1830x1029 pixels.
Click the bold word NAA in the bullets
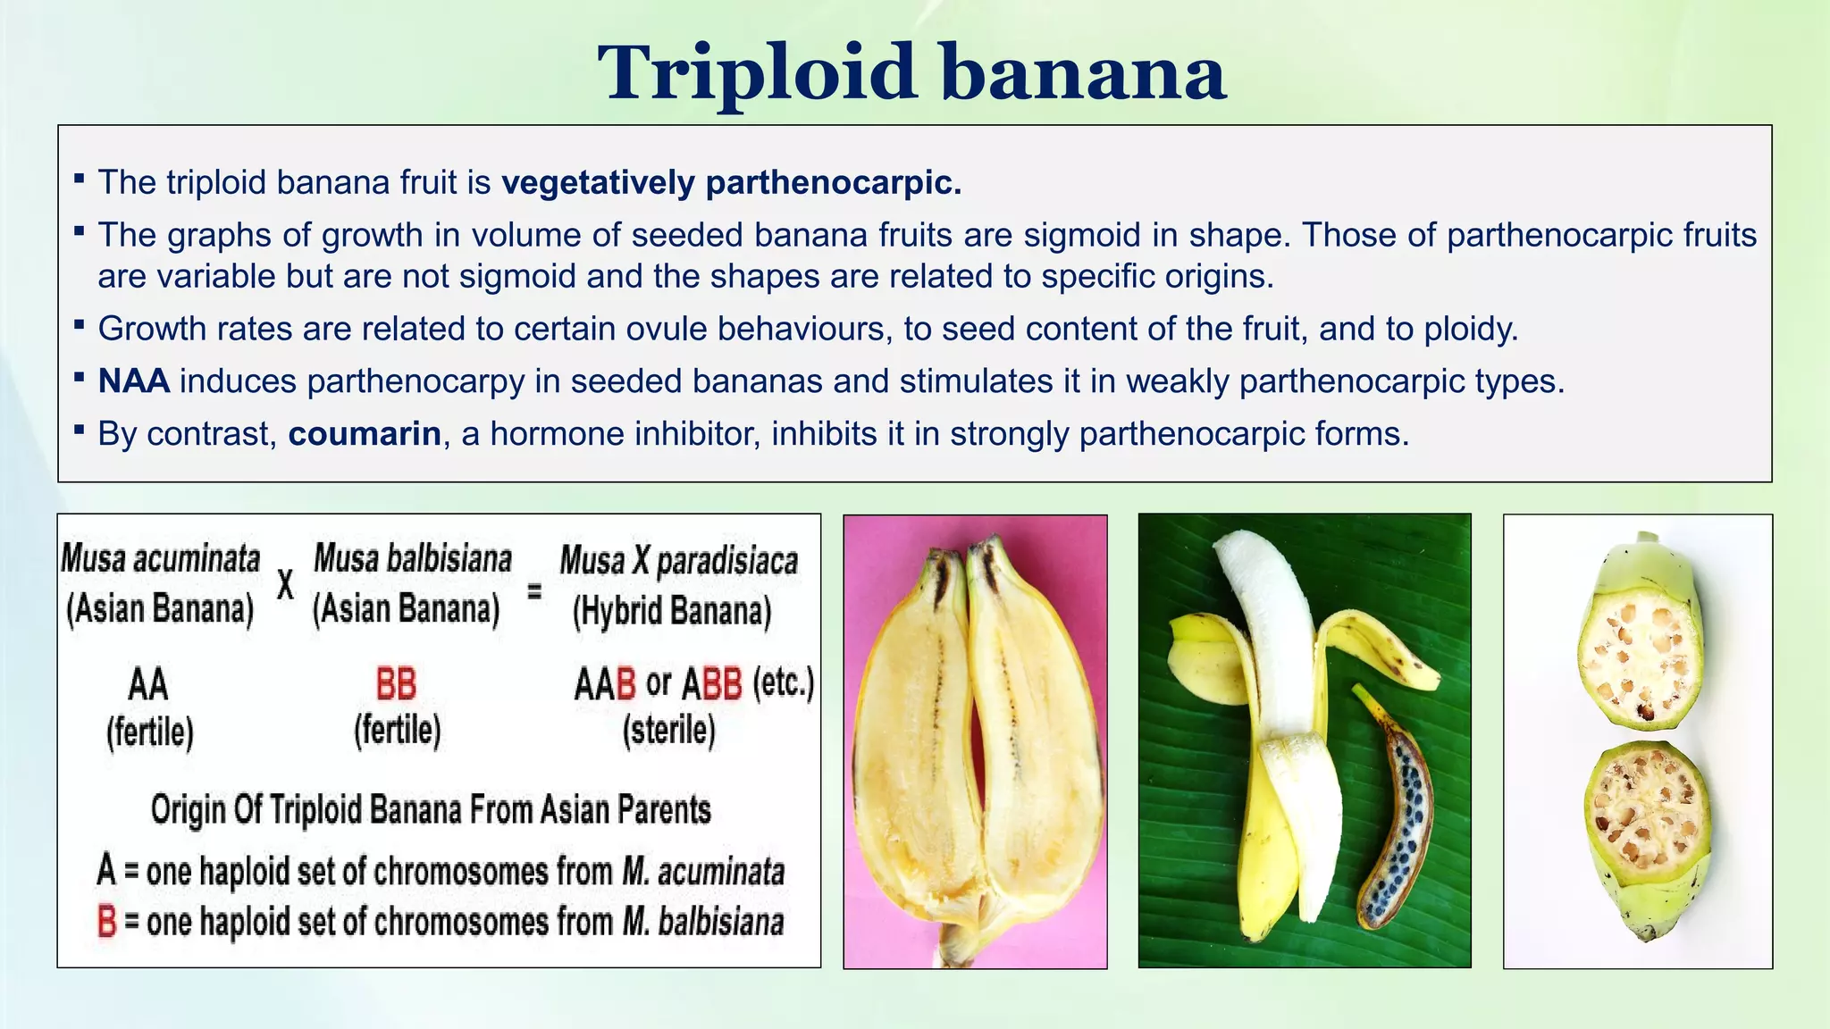(134, 381)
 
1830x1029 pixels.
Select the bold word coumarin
(365, 434)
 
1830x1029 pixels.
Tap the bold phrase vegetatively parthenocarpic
(731, 182)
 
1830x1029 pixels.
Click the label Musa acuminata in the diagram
(161, 560)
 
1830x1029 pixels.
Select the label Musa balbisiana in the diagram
(413, 560)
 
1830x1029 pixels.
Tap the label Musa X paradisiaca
(679, 562)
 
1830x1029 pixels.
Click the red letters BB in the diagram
(396, 685)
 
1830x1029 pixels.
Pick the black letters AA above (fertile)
(148, 685)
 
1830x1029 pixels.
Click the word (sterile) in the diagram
(669, 730)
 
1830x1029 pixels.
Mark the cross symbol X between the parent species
(285, 585)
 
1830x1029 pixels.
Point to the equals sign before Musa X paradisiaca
(534, 590)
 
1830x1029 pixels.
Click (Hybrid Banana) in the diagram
(672, 612)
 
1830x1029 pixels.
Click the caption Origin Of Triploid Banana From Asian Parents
(431, 810)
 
